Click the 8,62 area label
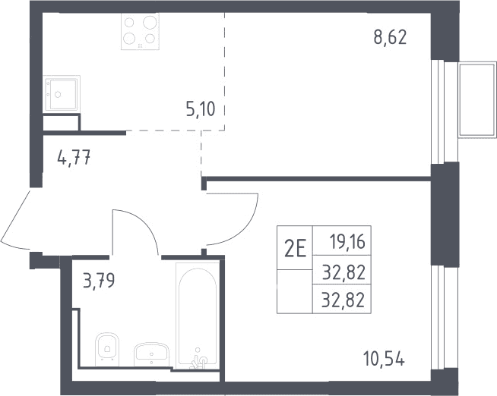pyautogui.click(x=390, y=38)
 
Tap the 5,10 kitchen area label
pyautogui.click(x=201, y=109)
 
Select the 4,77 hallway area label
pyautogui.click(x=74, y=157)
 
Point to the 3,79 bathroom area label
pyautogui.click(x=99, y=281)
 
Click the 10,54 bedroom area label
pyautogui.click(x=384, y=359)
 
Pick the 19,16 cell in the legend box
pyautogui.click(x=347, y=242)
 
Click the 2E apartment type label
pyautogui.click(x=295, y=249)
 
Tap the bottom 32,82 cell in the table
pyautogui.click(x=343, y=300)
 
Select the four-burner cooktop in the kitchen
pyautogui.click(x=140, y=31)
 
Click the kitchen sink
pyautogui.click(x=62, y=93)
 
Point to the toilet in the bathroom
pyautogui.click(x=107, y=347)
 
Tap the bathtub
pyautogui.click(x=198, y=316)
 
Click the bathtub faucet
pyautogui.click(x=198, y=361)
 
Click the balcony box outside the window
pyautogui.click(x=477, y=99)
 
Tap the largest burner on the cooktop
pyautogui.click(x=150, y=22)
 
